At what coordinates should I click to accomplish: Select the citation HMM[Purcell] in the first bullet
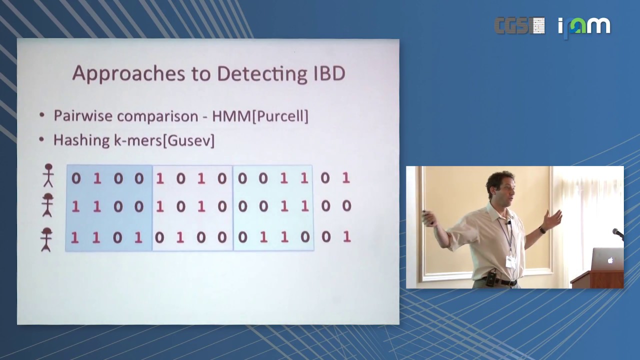(x=260, y=116)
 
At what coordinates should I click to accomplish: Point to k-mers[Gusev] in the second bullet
(x=164, y=140)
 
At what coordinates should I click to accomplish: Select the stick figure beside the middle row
(x=48, y=205)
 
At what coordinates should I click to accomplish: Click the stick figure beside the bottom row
(x=47, y=239)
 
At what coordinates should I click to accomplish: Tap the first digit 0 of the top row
(x=76, y=178)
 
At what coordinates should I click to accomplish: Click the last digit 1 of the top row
(x=345, y=178)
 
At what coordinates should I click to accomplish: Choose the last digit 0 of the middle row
(x=346, y=205)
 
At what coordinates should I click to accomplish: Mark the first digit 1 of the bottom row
(x=75, y=236)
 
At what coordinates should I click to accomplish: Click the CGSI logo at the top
(x=519, y=25)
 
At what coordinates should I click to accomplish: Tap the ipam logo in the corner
(x=584, y=26)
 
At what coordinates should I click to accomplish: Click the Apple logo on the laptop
(x=610, y=260)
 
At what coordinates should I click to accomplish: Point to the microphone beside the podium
(x=618, y=232)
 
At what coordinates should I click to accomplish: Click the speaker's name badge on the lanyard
(x=510, y=262)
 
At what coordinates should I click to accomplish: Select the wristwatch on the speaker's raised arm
(x=541, y=230)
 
